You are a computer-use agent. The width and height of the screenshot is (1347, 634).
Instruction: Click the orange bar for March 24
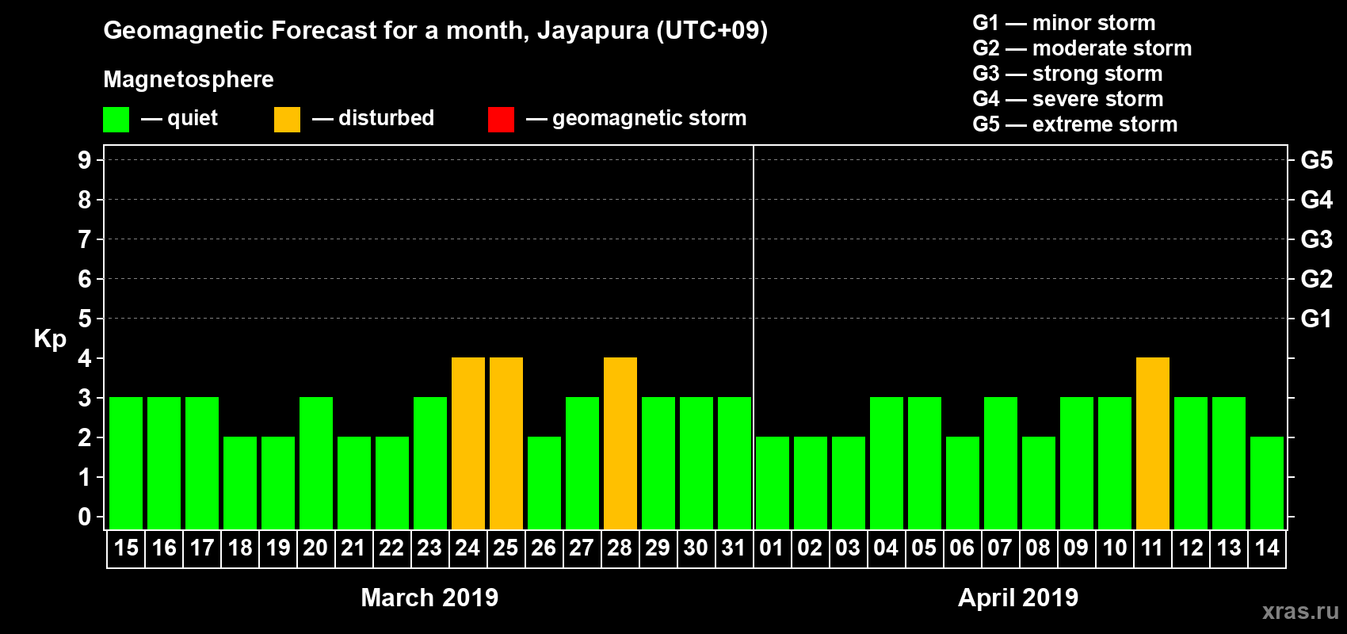tap(467, 443)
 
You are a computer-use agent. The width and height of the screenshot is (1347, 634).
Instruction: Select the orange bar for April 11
tap(1152, 443)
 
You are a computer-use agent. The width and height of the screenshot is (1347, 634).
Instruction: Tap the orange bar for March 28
tap(620, 443)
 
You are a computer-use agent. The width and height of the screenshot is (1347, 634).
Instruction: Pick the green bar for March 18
tap(239, 483)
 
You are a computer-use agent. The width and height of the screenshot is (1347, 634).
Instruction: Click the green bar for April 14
tap(1266, 483)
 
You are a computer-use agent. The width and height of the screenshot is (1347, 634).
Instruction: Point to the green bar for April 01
tap(772, 483)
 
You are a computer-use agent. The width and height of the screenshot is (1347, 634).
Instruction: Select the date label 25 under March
tap(506, 548)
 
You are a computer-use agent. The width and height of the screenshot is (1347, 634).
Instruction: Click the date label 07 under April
tap(1000, 548)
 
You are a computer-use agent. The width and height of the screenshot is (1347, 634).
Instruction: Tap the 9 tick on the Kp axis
tap(85, 160)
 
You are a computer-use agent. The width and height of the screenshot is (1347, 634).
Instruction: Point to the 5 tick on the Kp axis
tap(85, 319)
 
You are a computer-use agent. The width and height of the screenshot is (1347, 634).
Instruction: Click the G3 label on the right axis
tap(1316, 239)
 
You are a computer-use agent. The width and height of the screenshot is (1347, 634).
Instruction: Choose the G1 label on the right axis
tap(1316, 319)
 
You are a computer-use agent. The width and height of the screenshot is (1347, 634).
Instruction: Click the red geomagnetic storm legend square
tap(501, 120)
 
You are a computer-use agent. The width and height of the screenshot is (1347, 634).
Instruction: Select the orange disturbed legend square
tap(287, 120)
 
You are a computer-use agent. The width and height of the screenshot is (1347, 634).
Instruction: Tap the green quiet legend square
tap(116, 120)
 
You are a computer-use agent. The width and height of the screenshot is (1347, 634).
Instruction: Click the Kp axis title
tap(50, 338)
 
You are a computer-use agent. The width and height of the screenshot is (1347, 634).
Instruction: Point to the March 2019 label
tap(429, 598)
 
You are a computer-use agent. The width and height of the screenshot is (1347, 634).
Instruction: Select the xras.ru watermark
tap(1299, 611)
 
